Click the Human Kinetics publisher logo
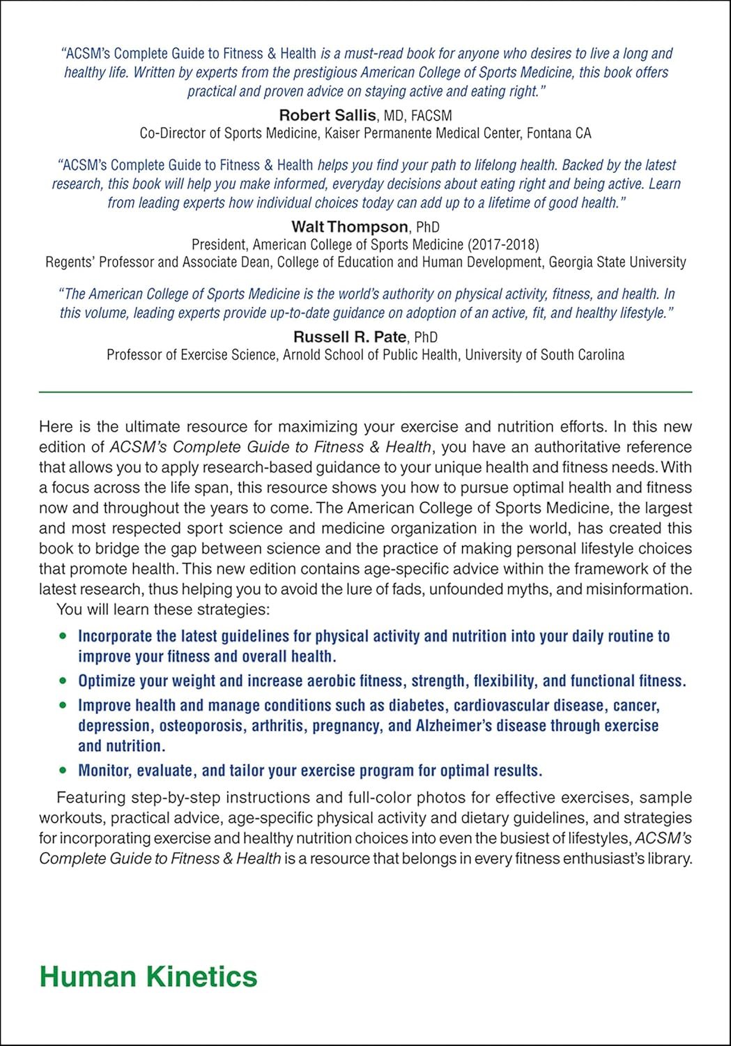[x=148, y=976]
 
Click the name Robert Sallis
[x=328, y=115]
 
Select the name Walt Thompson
[x=350, y=227]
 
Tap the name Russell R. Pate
[x=350, y=337]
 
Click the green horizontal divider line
[x=365, y=393]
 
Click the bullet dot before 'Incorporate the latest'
[x=63, y=636]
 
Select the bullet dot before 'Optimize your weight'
[x=63, y=681]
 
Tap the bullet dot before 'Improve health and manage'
[x=63, y=705]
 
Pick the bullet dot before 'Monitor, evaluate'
[x=63, y=771]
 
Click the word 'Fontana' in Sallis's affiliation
[x=549, y=133]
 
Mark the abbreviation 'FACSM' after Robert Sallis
[x=431, y=116]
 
